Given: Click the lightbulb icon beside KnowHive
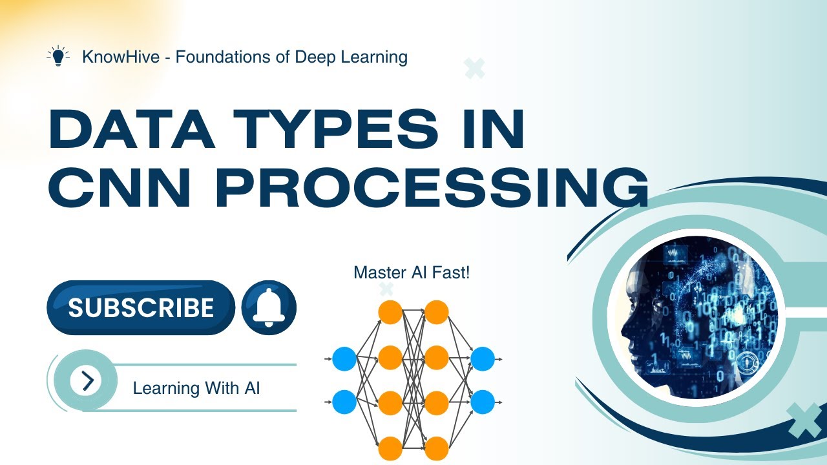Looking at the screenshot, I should pos(59,57).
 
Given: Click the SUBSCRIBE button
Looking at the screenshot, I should pos(141,307).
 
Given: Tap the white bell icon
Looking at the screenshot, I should pos(269,307).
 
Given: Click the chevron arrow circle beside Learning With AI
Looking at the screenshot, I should pos(87,380).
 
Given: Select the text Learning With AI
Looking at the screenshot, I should pos(196,388).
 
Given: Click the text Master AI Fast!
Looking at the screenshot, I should pos(412,273).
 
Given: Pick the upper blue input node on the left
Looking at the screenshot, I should pos(344,358).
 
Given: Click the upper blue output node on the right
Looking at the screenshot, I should pos(483,358).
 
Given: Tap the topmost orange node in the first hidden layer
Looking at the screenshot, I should pos(390,312).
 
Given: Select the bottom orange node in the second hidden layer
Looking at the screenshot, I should pos(437,448).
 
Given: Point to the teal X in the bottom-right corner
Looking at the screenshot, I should pos(804,420).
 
